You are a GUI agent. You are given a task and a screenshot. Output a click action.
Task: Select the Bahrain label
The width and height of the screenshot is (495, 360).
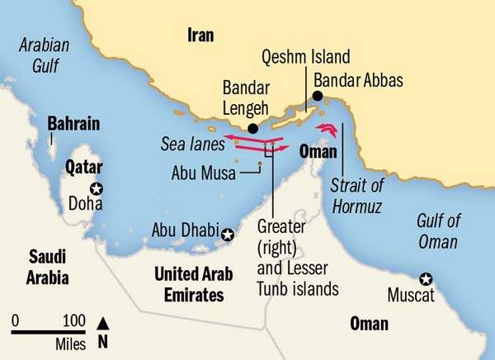click(x=73, y=125)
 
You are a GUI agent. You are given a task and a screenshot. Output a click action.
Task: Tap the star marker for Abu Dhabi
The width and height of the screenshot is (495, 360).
click(x=229, y=237)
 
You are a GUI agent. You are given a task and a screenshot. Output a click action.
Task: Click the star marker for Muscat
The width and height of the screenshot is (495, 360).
click(x=425, y=278)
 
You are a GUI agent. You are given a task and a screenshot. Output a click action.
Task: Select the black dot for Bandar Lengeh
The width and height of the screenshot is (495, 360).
click(x=253, y=128)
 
